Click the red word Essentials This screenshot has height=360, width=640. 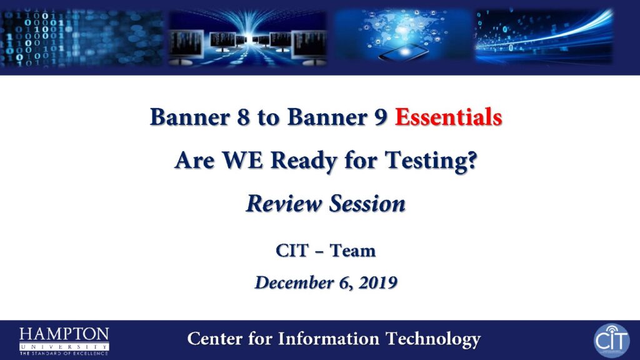(448, 117)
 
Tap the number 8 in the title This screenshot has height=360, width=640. (243, 117)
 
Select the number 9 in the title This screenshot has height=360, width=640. (381, 117)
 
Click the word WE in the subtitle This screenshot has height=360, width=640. (242, 159)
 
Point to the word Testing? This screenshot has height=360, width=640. (431, 161)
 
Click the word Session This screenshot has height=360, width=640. (367, 203)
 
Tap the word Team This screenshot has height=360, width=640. (352, 251)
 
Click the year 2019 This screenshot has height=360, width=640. (378, 282)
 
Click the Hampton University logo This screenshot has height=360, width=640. (64, 341)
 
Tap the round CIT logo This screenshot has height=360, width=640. (611, 341)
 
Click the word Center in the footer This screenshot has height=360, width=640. (215, 339)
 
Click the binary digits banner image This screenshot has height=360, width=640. (82, 38)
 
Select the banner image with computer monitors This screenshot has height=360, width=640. (247, 38)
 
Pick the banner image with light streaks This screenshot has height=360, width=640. (544, 37)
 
